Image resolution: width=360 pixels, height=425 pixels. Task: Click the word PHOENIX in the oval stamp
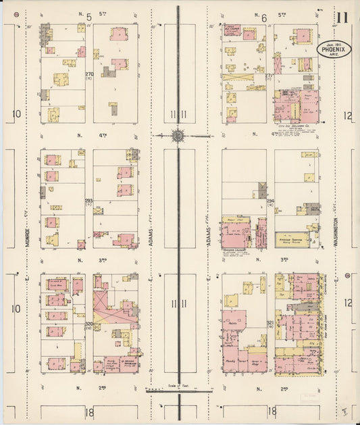click(335, 49)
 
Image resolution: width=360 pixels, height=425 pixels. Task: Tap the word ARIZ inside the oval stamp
click(336, 55)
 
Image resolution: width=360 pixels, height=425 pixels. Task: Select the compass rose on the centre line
click(178, 135)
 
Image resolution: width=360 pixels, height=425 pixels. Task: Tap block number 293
click(88, 201)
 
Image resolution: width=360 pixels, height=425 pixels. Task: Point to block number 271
click(269, 74)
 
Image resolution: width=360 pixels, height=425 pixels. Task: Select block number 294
click(269, 201)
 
